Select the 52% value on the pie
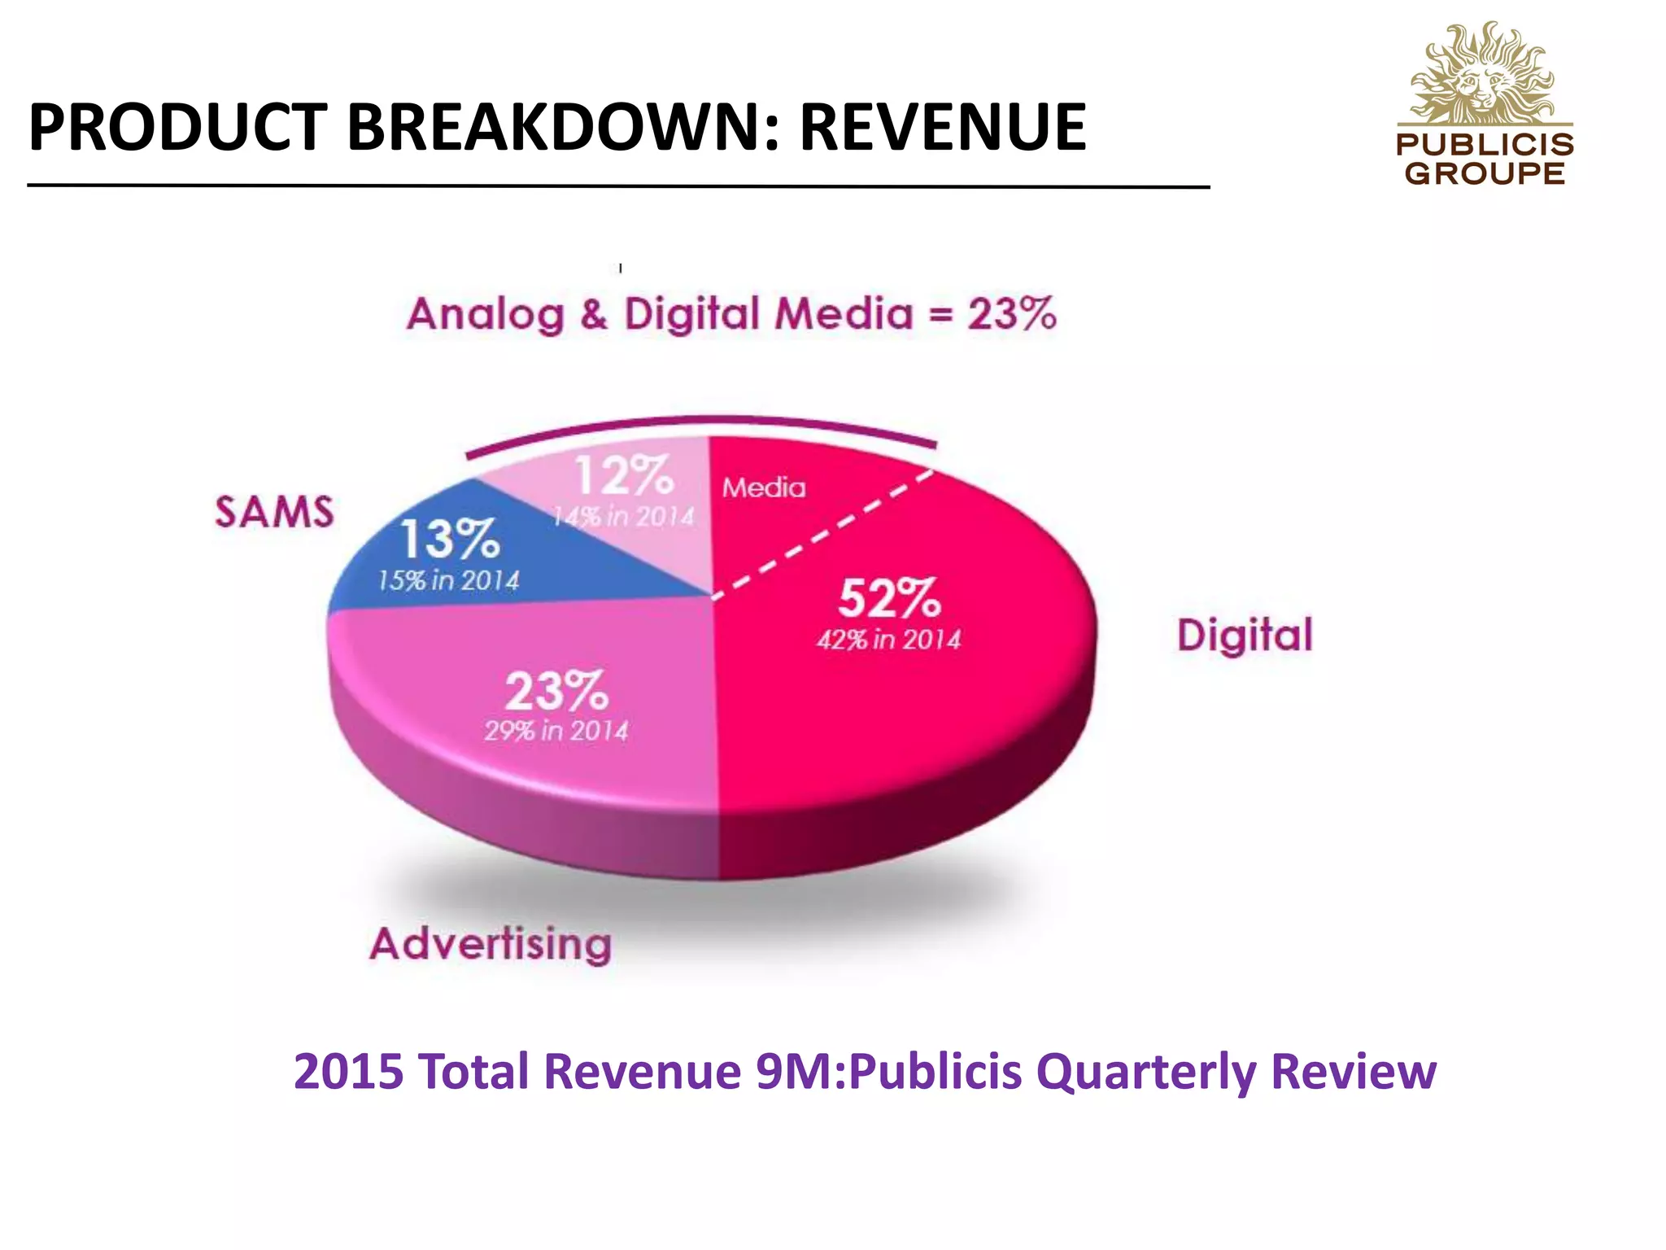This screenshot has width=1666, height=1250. pos(889,598)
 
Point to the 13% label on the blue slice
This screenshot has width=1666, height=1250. pos(449,540)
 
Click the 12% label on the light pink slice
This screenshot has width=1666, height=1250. pos(624,476)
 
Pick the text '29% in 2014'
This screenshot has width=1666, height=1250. pos(556,730)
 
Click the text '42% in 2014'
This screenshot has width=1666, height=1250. pos(888,640)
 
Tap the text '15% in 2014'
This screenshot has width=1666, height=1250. pos(448,580)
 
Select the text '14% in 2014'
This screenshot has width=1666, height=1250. pos(624,516)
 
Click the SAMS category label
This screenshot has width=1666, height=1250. pos(274,512)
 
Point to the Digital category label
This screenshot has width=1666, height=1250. pos(1245,636)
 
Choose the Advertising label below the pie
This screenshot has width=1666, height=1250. pos(491,944)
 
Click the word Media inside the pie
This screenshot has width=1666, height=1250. pos(764,487)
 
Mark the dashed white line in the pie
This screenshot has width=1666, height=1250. pos(822,533)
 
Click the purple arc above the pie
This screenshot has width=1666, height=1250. pos(700,421)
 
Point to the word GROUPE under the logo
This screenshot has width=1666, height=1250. pos(1485,173)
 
